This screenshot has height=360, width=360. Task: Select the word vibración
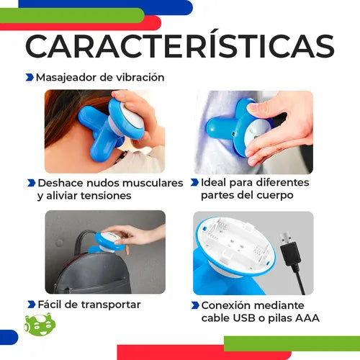click(140, 77)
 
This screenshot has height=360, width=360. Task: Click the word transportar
click(111, 305)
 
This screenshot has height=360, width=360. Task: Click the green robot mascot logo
click(40, 324)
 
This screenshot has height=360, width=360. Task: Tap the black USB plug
click(290, 249)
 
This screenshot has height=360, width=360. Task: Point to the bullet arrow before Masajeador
click(30, 77)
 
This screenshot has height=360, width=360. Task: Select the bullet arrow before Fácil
click(32, 305)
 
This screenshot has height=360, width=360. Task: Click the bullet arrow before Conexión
click(195, 305)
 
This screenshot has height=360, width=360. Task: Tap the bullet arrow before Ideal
click(194, 182)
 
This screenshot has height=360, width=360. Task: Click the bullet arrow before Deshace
click(32, 183)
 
